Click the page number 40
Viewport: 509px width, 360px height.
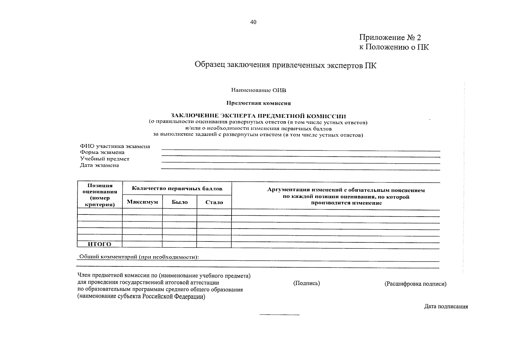(x=253, y=22)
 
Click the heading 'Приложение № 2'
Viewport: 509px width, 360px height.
(x=390, y=37)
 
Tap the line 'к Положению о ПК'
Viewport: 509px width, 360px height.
(x=394, y=47)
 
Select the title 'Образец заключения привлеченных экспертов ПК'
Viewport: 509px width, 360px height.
(x=285, y=65)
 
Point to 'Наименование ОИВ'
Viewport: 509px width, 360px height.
(x=259, y=90)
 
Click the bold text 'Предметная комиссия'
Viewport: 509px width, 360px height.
(x=259, y=103)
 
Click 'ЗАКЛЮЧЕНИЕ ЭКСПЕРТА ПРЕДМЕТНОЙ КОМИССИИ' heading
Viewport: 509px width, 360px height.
(x=258, y=116)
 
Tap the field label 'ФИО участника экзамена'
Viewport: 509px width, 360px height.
(x=115, y=146)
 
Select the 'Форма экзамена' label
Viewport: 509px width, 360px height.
(x=102, y=152)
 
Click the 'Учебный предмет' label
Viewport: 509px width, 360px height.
(x=104, y=159)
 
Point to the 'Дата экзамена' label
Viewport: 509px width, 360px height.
(x=99, y=165)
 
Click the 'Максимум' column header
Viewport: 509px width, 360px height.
(x=142, y=202)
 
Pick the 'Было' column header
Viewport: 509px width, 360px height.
(x=180, y=202)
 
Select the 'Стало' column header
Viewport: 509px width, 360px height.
(x=214, y=202)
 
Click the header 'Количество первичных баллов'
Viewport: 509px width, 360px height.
(x=177, y=189)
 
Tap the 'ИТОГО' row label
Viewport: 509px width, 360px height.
(x=100, y=244)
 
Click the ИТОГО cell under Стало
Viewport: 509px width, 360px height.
(x=214, y=244)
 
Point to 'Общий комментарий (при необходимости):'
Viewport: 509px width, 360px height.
(x=138, y=257)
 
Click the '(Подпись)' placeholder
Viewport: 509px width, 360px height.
(x=306, y=283)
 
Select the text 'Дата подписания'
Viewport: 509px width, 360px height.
(x=446, y=307)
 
